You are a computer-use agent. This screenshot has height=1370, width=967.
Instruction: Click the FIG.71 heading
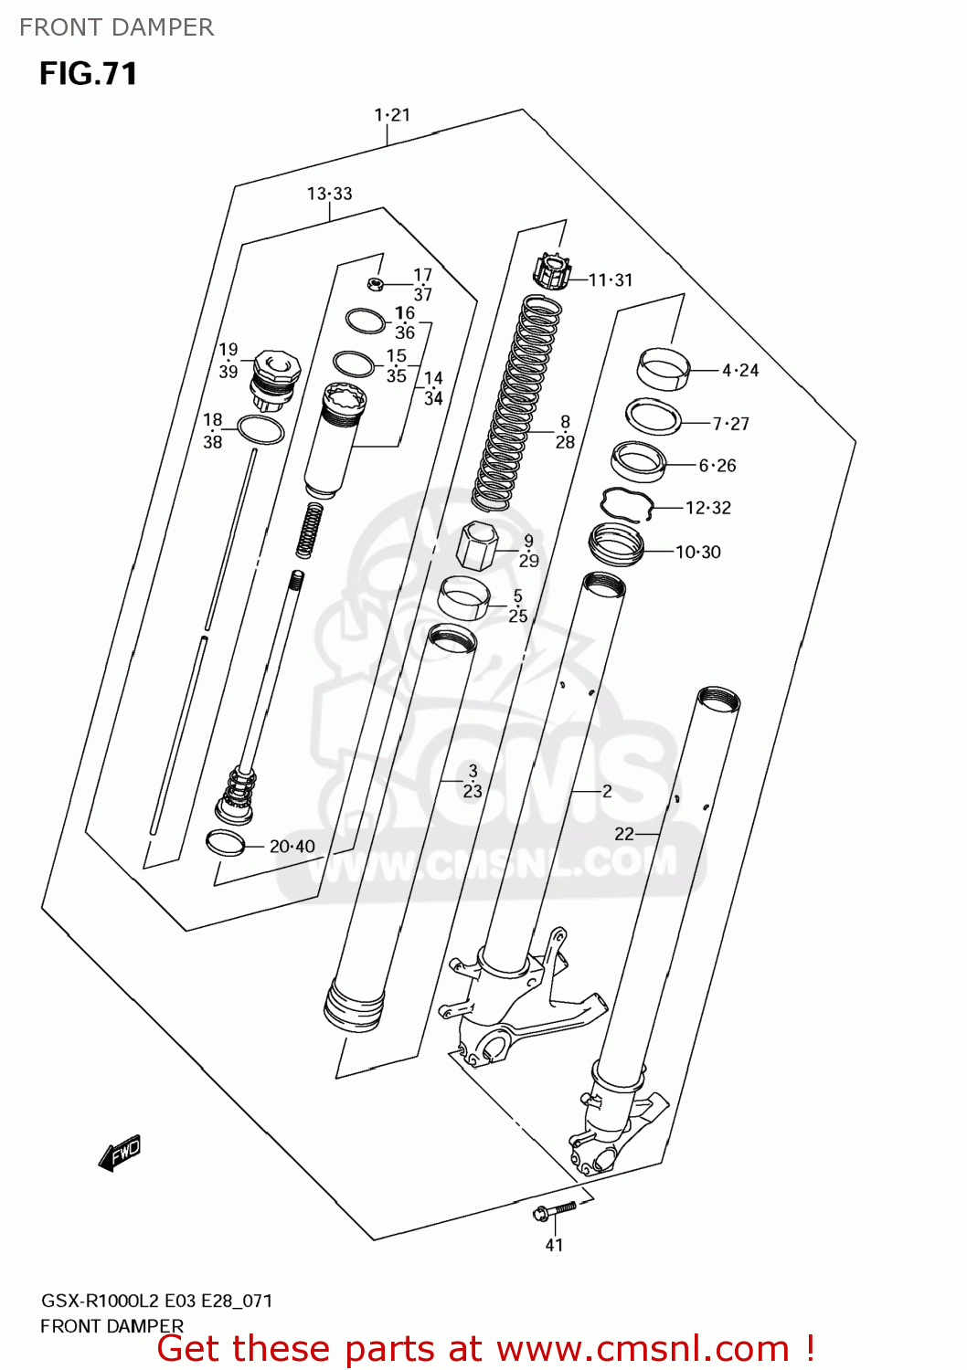[88, 73]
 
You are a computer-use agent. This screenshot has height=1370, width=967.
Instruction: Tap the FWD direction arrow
[120, 1154]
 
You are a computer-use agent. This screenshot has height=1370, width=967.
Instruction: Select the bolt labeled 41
[554, 1211]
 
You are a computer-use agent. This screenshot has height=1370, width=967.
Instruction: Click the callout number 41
[554, 1245]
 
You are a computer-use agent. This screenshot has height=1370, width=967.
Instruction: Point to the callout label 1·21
[392, 115]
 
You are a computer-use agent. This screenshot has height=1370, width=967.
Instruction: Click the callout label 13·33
[329, 194]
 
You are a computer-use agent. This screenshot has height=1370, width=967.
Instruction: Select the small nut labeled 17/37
[374, 283]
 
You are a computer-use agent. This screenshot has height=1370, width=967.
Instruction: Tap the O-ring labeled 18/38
[260, 429]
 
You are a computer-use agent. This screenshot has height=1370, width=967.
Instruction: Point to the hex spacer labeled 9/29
[476, 545]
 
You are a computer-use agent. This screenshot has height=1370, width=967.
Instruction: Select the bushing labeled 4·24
[663, 369]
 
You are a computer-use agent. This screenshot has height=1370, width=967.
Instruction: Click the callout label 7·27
[730, 424]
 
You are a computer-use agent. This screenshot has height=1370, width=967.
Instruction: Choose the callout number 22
[624, 834]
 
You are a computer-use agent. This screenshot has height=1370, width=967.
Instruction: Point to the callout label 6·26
[717, 466]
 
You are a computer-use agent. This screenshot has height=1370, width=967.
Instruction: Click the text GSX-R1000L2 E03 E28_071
[156, 1301]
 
